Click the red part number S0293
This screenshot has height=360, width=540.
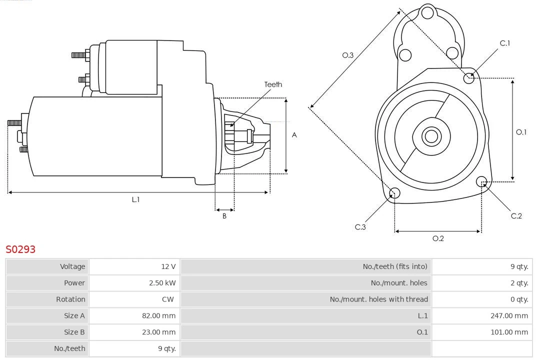point(20,249)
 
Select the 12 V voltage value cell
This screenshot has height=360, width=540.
point(168,266)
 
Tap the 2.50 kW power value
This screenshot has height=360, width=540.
point(162,283)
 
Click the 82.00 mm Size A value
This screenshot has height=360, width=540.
point(158,316)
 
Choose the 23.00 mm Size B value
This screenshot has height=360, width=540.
point(158,332)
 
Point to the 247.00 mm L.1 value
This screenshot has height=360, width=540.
point(509,316)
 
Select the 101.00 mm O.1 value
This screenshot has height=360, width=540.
point(509,332)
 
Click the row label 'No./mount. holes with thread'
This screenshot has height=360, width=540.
point(378,299)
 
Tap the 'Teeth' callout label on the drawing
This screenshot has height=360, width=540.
point(273,84)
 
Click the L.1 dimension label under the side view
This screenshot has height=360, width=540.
point(135,199)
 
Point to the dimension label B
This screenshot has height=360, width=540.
point(224,216)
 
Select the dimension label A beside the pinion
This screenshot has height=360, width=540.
point(294,135)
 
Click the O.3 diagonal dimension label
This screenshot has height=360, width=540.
point(347,55)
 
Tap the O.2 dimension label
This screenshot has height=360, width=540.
point(438,238)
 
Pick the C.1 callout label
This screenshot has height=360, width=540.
point(505,43)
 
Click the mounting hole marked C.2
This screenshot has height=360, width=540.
point(481,181)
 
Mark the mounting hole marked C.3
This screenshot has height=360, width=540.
point(394,193)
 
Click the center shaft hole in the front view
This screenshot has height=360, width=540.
point(430,136)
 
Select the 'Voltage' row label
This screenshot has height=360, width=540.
point(72,266)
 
